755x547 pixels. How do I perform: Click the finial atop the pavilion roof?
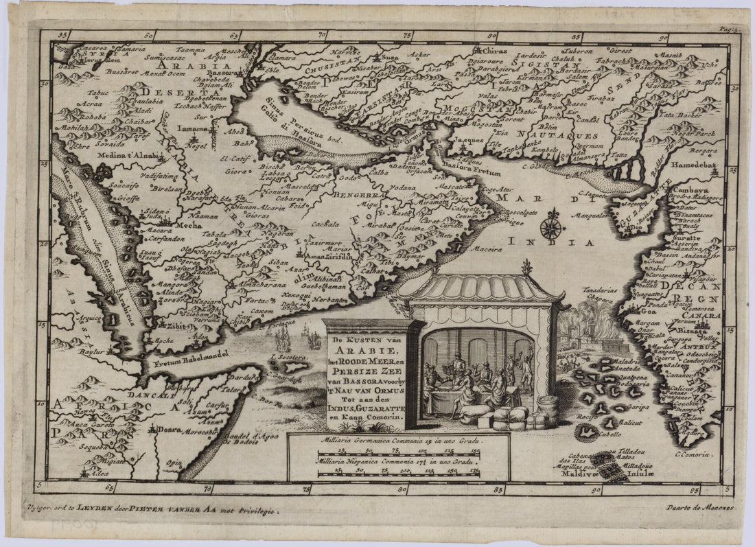click(526, 266)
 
